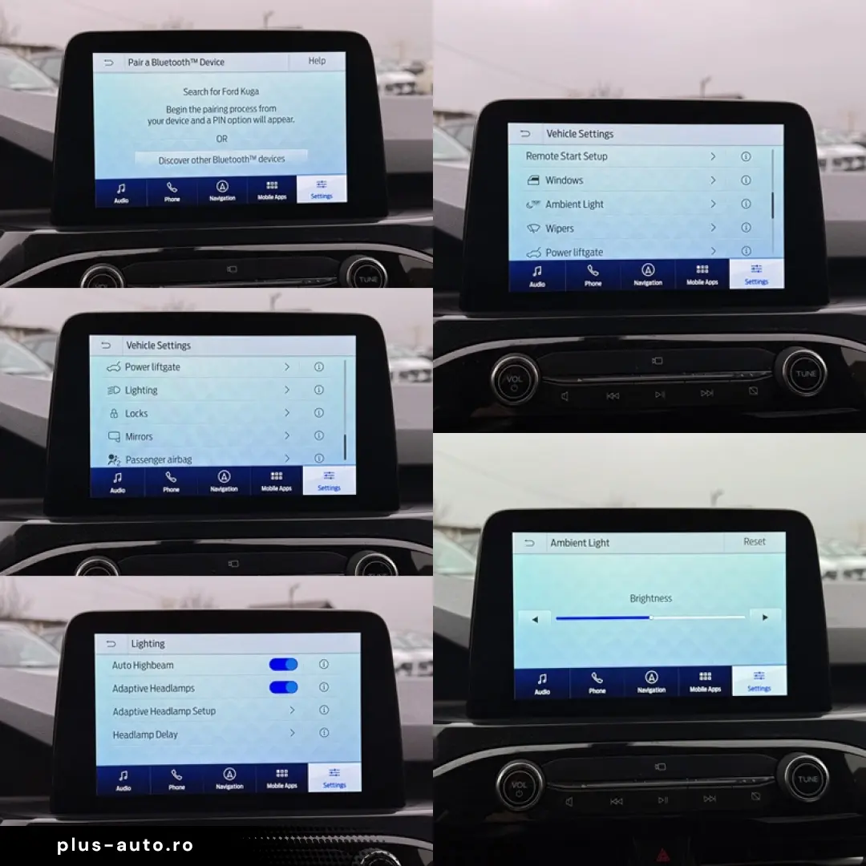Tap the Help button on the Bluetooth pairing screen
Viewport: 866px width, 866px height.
point(318,61)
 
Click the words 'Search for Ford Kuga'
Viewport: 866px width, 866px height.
point(221,91)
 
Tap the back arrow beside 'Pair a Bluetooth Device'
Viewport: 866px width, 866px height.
point(109,62)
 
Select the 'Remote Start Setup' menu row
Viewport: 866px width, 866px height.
point(566,156)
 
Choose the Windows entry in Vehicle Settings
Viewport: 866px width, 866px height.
point(564,180)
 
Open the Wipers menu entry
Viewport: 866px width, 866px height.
point(559,229)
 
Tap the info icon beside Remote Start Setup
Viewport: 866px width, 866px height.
point(746,156)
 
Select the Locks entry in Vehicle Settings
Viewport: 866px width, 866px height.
point(136,414)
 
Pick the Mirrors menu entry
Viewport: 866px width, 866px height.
point(139,437)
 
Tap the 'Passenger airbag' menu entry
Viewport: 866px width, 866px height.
point(158,459)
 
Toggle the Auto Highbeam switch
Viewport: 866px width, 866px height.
point(283,665)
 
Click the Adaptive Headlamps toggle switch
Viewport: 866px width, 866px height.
point(283,687)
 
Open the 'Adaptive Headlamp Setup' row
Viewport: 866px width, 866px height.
point(164,711)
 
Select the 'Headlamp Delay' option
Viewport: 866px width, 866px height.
point(145,734)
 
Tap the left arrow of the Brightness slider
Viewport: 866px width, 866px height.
point(533,618)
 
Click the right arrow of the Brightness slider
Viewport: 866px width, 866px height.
point(765,617)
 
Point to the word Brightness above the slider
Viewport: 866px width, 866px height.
point(650,598)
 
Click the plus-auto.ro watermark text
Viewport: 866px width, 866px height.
point(125,845)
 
